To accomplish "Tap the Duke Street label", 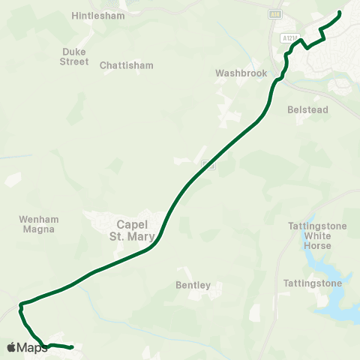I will [74, 56].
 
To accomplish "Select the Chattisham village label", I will [126, 65].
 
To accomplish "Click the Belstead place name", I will [307, 109].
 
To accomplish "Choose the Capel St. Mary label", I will [136, 230].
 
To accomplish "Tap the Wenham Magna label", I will [37, 224].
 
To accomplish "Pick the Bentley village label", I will [193, 285].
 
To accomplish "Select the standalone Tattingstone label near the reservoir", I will [313, 283].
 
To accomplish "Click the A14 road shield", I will [275, 13].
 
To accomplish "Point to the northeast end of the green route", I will [340, 13].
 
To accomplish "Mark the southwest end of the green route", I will [71, 347].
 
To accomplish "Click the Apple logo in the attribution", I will [11, 347].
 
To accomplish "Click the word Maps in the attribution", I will [32, 347].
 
